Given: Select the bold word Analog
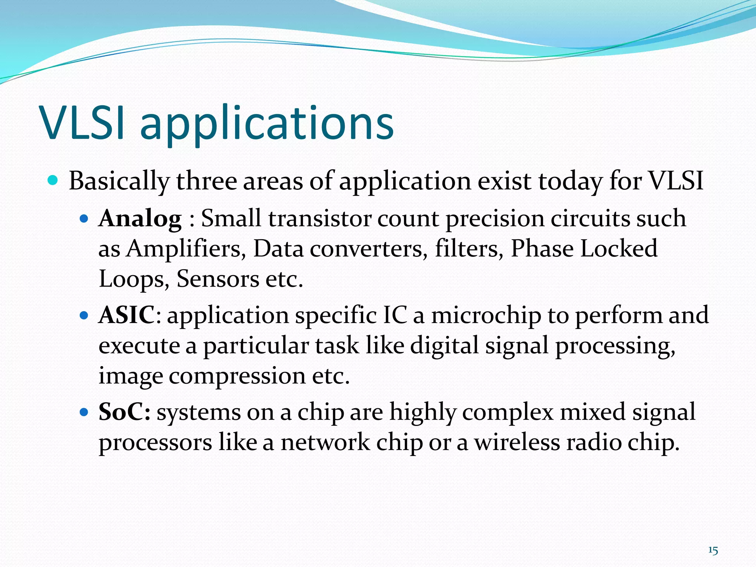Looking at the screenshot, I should tap(140, 219).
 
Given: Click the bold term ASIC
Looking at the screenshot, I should tap(126, 315).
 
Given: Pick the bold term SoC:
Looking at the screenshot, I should tap(124, 412).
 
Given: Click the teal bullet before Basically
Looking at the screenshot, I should tap(53, 181).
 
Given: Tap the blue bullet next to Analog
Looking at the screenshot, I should tap(84, 219).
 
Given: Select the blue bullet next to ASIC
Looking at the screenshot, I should tap(84, 316).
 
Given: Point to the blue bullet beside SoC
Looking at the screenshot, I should tap(84, 412).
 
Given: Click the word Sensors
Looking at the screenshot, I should tap(218, 279).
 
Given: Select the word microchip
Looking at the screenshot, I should tap(486, 316).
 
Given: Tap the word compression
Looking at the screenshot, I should tap(237, 376).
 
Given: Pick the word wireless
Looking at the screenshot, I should tap(517, 442).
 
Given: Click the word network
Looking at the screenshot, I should tap(325, 442).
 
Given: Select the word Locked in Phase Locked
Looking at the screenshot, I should tap(619, 248).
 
